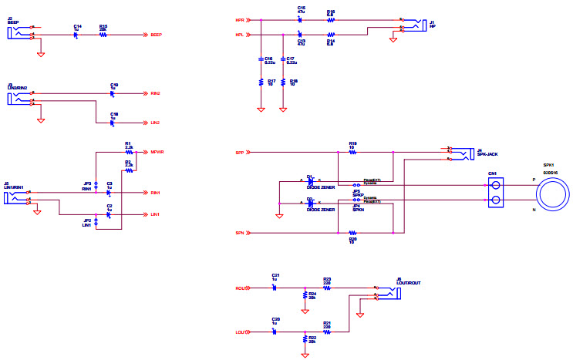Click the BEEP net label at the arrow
coord(157,35)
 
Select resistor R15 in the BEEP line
coord(103,35)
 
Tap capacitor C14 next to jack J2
coord(77,35)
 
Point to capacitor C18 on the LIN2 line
coord(113,122)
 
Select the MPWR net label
coord(157,152)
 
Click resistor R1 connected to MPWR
coord(129,152)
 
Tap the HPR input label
coord(239,19)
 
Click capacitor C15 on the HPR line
coord(301,19)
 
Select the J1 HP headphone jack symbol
coord(415,25)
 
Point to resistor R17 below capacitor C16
coord(261,82)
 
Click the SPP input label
coord(239,153)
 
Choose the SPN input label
coord(239,233)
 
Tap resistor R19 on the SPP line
coord(352,153)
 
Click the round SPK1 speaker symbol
coord(553,193)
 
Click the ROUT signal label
coord(240,288)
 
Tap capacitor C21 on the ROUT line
coord(275,288)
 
